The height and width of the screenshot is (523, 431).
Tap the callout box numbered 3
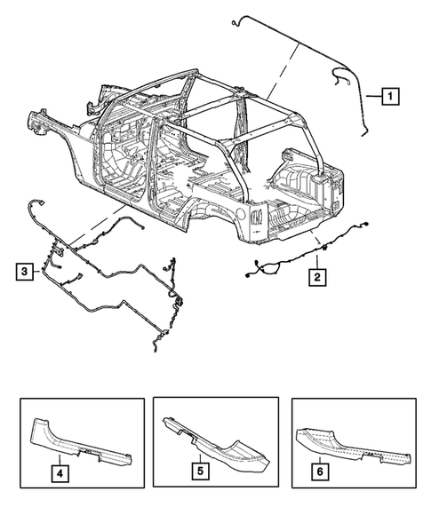[24, 270]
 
